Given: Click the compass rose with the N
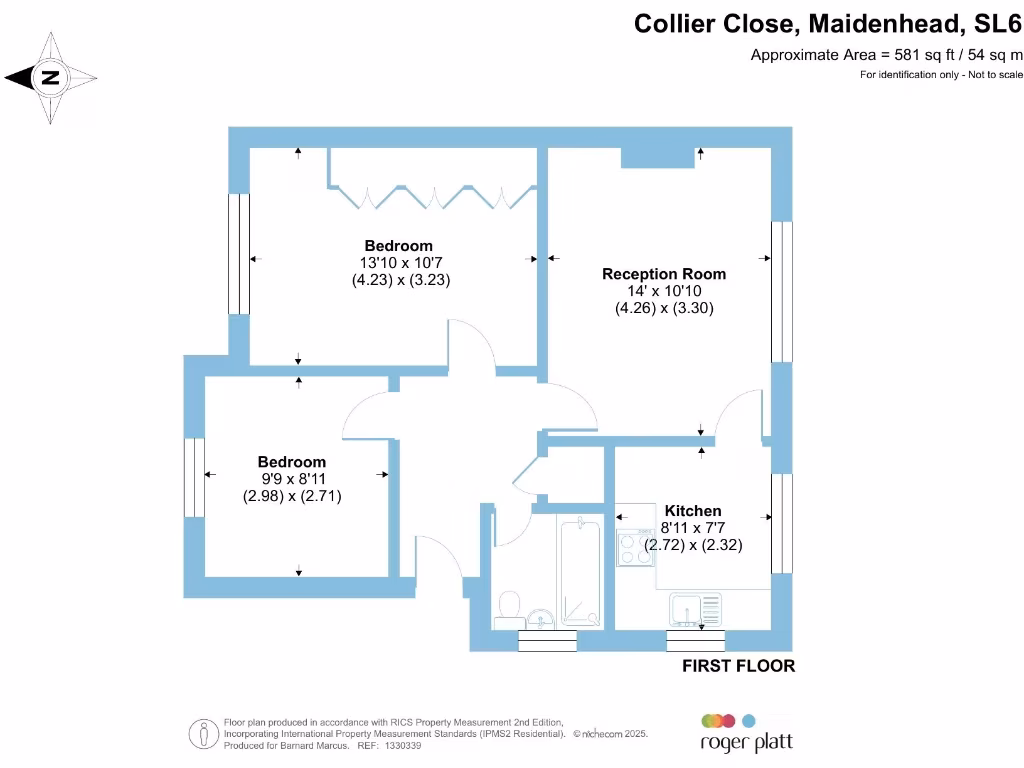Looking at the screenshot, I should (50, 77).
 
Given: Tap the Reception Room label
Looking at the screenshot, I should (664, 274).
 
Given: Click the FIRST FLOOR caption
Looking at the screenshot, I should (738, 666).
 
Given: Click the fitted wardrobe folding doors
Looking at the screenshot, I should (433, 194).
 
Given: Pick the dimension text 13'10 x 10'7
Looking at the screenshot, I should (400, 263).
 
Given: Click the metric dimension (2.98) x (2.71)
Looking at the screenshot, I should (292, 495).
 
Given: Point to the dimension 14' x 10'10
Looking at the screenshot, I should (664, 291).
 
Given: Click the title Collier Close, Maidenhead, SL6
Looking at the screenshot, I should (828, 23).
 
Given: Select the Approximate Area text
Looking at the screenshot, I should (886, 55).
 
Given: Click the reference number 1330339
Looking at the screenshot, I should (403, 746).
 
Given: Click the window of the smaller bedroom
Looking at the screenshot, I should (194, 477).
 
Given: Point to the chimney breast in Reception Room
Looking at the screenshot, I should (657, 156).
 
